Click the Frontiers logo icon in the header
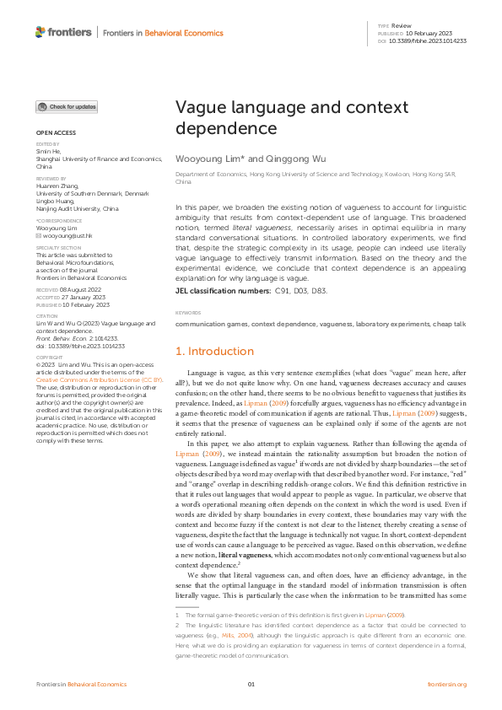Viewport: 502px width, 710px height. click(40, 32)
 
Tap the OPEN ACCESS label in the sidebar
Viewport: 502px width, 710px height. click(55, 133)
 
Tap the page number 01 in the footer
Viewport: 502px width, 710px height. click(251, 685)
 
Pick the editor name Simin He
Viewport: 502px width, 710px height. click(46, 150)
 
